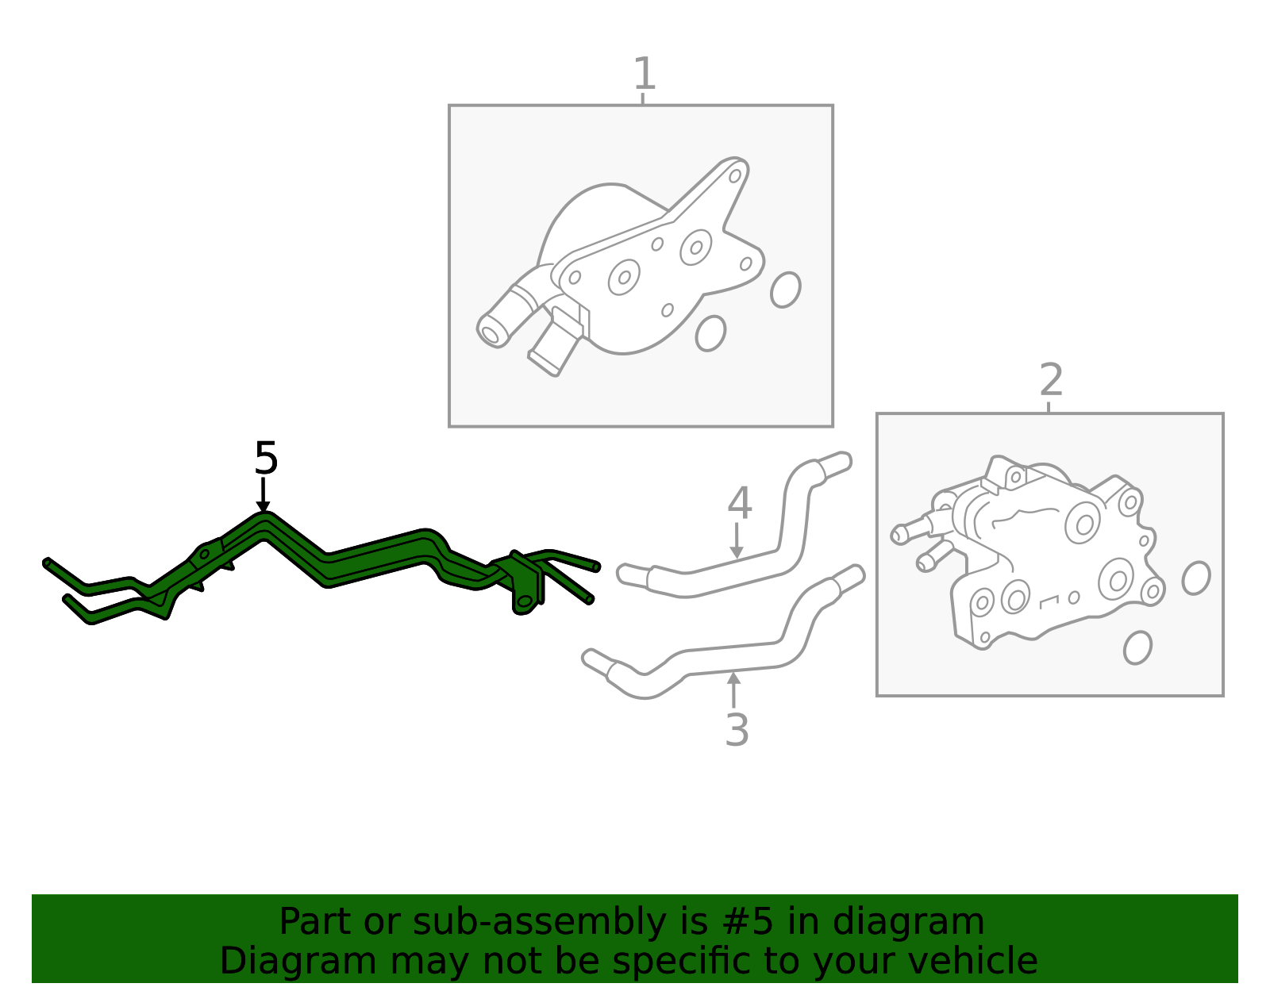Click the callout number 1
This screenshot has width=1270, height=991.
[x=644, y=74]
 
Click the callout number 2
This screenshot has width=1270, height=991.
[x=1051, y=379]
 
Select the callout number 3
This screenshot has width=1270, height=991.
[x=737, y=730]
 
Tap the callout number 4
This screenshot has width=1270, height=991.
[x=739, y=503]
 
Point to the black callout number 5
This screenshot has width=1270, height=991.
[x=266, y=458]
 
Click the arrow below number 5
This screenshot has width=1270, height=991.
[x=263, y=494]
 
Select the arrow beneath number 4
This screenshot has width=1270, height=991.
[x=737, y=540]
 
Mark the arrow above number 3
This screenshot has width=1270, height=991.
[x=733, y=689]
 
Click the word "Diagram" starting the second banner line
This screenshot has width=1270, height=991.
[x=298, y=961]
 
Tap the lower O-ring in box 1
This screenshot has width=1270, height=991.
[x=710, y=333]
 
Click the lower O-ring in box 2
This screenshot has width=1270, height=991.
[x=1138, y=647]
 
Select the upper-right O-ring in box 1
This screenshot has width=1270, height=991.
[x=786, y=290]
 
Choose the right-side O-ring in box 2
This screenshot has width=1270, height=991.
[x=1196, y=578]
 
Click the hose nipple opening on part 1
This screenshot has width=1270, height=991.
[x=491, y=335]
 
